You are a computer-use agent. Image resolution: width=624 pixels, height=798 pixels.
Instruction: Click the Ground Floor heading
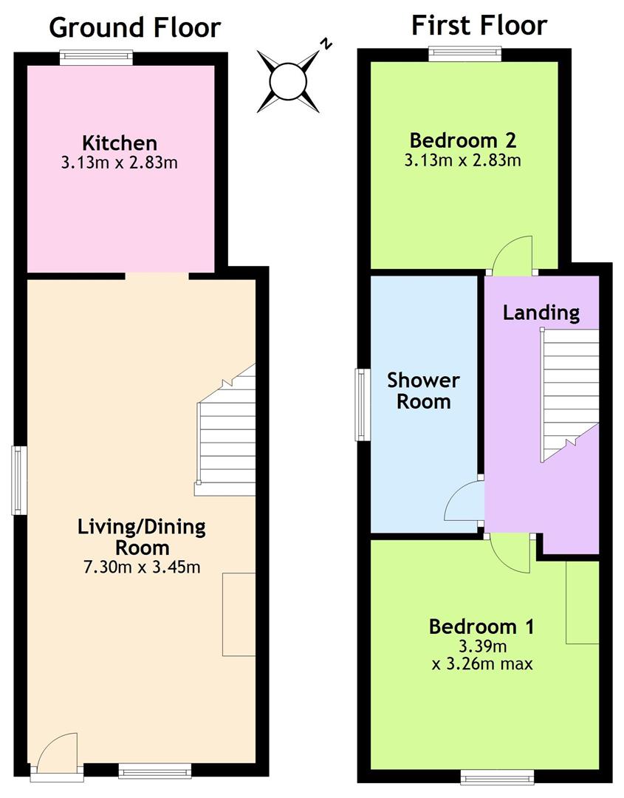[x=134, y=27]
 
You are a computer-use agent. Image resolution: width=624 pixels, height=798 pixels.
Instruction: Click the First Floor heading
[x=479, y=25]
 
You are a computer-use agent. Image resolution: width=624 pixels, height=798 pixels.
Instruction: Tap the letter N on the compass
[x=326, y=44]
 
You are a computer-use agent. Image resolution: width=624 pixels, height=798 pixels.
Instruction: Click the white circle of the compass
[x=288, y=81]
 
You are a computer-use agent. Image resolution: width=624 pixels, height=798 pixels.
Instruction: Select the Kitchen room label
[x=120, y=143]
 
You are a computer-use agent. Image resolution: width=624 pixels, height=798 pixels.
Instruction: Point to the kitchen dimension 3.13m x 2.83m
[x=120, y=163]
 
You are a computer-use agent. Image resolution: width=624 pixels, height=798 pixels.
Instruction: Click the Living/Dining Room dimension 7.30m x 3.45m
[x=142, y=567]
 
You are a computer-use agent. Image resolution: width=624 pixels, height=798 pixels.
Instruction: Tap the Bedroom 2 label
[x=463, y=140]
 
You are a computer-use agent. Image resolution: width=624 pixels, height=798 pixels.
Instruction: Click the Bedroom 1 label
[x=481, y=627]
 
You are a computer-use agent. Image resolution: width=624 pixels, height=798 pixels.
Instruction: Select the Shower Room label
[x=423, y=391]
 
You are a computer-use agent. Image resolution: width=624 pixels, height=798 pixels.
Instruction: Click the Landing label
[x=541, y=313]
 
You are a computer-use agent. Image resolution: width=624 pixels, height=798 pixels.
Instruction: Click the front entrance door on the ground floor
[x=56, y=755]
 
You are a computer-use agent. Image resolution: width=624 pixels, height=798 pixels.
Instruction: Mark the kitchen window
[x=96, y=57]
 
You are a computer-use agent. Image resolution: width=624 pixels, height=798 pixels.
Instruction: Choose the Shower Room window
[x=362, y=405]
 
